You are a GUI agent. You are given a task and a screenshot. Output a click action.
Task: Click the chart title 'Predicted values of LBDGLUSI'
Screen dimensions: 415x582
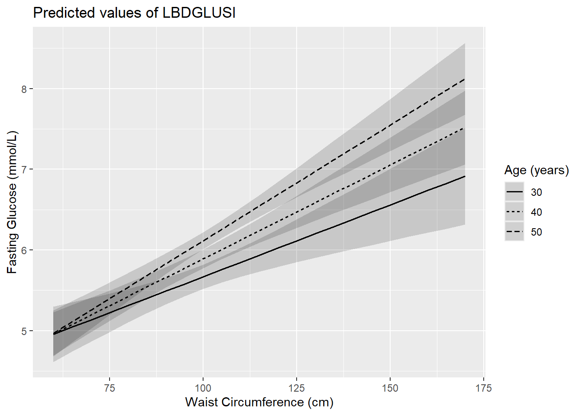click(x=134, y=13)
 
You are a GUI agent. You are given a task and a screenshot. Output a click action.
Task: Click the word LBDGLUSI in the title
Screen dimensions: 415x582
click(x=199, y=13)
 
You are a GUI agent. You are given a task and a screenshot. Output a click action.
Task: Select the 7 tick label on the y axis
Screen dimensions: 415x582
click(x=24, y=169)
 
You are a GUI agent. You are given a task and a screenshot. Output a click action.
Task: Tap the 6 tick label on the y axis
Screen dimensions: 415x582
click(x=24, y=250)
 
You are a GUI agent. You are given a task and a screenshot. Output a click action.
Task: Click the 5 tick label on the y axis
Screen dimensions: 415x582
click(x=24, y=331)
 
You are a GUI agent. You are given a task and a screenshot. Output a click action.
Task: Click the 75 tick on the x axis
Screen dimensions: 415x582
click(x=110, y=388)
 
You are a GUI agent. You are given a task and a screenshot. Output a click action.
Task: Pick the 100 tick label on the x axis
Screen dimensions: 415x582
click(x=203, y=388)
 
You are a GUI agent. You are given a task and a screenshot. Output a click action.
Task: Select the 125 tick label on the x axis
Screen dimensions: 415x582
click(x=297, y=388)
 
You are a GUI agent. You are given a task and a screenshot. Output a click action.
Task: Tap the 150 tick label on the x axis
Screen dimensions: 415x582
click(x=390, y=388)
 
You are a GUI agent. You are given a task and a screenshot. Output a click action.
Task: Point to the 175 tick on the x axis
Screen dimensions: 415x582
click(x=484, y=388)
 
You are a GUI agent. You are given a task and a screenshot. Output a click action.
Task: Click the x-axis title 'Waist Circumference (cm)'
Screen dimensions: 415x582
click(x=259, y=402)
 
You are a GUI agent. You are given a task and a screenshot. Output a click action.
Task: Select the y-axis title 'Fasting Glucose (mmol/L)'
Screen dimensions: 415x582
click(x=12, y=202)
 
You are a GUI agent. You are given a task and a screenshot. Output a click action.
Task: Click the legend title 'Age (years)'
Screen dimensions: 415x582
click(x=537, y=170)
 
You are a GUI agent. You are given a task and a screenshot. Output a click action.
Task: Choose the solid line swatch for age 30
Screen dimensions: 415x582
click(x=514, y=192)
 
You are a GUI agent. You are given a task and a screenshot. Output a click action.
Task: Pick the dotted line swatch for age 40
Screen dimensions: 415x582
click(x=514, y=212)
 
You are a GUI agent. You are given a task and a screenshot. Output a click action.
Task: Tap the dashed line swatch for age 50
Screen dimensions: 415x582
click(x=514, y=232)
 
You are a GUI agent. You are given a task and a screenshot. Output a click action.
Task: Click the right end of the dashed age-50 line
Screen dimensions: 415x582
click(x=465, y=79)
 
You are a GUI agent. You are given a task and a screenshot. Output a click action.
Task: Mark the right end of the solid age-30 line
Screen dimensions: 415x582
click(x=465, y=176)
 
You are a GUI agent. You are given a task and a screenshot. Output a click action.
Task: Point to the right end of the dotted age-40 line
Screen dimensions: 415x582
click(x=465, y=128)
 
